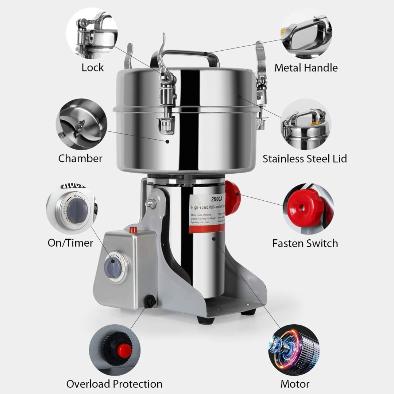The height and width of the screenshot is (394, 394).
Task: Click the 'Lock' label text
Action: coord(92,67)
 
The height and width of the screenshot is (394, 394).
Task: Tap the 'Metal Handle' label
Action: coord(306,67)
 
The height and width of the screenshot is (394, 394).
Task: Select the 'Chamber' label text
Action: coord(80,158)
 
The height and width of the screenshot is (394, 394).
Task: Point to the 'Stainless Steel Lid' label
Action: coord(305,158)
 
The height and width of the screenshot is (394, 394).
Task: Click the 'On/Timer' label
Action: coord(70,243)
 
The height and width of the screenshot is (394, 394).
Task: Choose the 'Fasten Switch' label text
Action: coord(305,243)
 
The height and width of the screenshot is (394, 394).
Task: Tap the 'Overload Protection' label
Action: coord(114,384)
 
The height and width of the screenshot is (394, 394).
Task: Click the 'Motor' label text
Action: coord(295,384)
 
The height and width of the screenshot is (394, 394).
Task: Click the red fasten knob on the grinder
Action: coord(232,198)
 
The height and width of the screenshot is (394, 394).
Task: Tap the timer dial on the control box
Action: coord(113,265)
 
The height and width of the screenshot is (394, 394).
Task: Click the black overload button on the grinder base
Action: coord(149,301)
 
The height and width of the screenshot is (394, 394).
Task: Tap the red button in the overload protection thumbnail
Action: coord(124,350)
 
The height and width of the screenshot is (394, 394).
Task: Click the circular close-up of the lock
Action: coord(92,33)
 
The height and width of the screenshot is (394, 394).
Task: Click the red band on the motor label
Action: coord(206,228)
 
